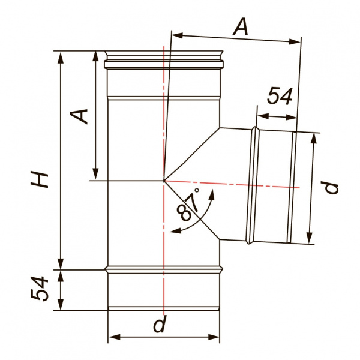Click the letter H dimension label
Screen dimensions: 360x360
click(x=40, y=180)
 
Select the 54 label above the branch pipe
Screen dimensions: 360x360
click(x=280, y=95)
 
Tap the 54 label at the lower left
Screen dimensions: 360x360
click(x=40, y=289)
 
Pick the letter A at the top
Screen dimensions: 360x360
click(x=241, y=27)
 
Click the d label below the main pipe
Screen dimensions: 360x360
click(x=160, y=324)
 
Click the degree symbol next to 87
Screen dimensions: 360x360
click(x=197, y=190)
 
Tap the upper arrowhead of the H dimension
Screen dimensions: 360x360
click(x=61, y=58)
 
